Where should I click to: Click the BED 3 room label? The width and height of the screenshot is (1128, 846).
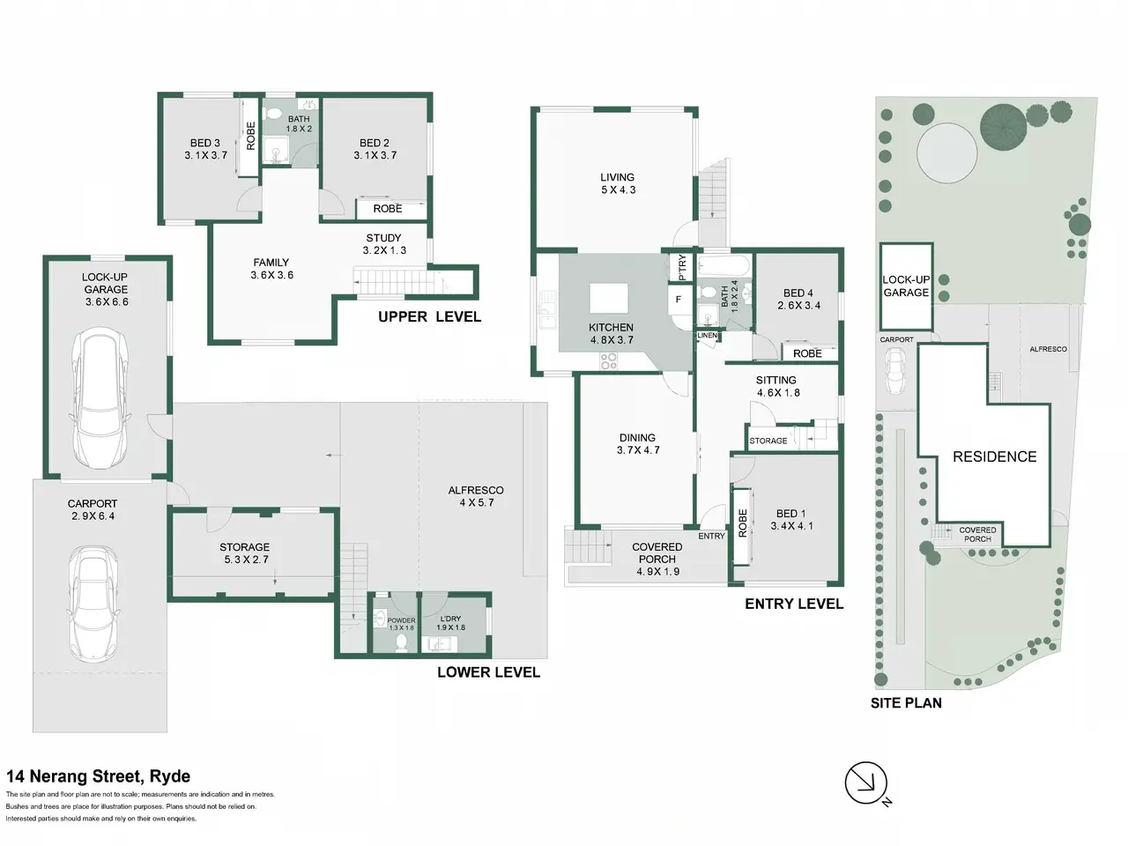coord(205,149)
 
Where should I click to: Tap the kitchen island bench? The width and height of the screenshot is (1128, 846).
coord(608,298)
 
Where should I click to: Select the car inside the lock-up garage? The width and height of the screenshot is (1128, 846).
coord(100,398)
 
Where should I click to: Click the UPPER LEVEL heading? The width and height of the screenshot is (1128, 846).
coord(430,317)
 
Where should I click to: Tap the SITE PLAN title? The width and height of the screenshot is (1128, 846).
coord(906,703)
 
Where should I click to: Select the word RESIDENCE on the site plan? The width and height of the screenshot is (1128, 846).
coord(994,456)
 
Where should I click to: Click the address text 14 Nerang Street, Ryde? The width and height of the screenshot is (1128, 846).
coord(98,775)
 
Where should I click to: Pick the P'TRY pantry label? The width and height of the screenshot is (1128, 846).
coord(682,267)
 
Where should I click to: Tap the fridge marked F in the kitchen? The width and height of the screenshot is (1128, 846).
coord(679,299)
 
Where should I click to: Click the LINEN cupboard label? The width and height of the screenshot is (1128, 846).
coord(707,336)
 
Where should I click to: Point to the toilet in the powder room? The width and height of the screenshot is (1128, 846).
coord(401,642)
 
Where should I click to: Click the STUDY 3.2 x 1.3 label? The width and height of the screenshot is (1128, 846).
coord(384,244)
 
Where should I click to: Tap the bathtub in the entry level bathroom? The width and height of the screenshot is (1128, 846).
coord(724,266)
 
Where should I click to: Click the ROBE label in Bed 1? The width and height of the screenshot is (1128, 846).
coord(742,523)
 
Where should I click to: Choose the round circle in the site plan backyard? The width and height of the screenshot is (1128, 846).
coord(946,152)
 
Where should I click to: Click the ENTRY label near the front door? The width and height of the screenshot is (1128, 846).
coord(711,536)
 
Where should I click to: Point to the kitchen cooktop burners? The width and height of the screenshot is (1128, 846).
coord(609,361)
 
